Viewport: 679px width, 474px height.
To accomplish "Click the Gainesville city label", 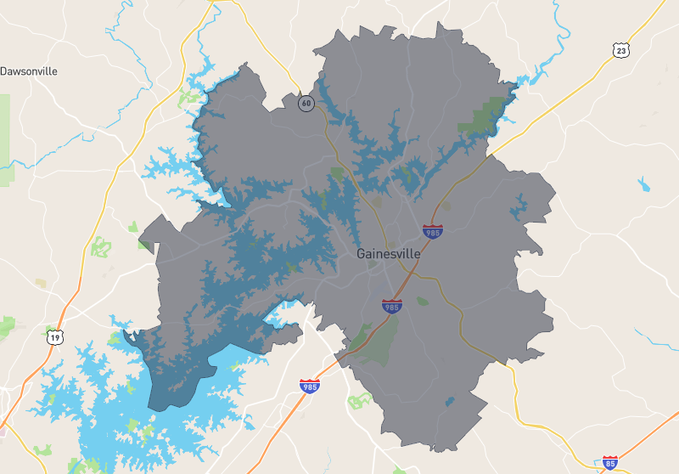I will (x=388, y=254).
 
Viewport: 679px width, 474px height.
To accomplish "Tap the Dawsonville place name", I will (x=29, y=71).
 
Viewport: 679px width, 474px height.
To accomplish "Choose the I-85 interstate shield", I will (x=609, y=463).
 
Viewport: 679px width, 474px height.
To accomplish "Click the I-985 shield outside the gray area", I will (x=310, y=387).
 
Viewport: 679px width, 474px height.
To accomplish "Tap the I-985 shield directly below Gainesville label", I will (x=391, y=305).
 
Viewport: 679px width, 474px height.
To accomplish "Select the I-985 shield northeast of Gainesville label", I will (x=433, y=231).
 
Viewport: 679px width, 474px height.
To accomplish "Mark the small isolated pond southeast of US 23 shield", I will (x=643, y=183).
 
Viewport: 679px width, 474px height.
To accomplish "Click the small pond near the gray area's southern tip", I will (x=449, y=401).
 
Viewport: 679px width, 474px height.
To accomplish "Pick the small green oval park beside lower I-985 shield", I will (x=422, y=301).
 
